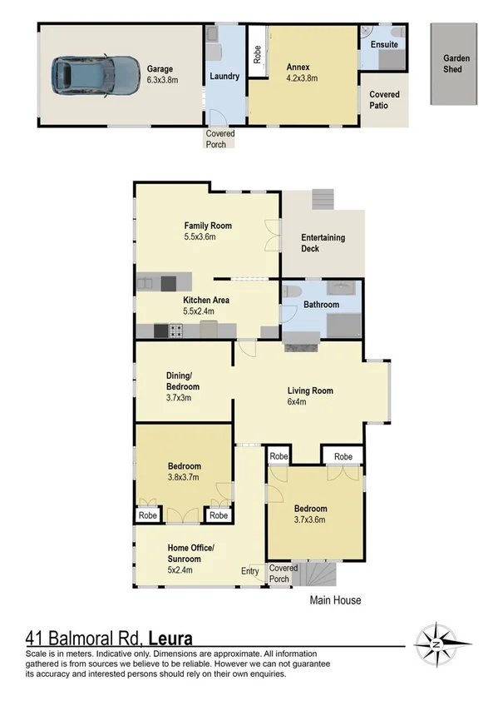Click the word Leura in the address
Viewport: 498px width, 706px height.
click(170, 639)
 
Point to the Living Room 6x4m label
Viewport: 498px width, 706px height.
click(310, 396)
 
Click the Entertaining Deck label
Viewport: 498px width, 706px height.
click(323, 243)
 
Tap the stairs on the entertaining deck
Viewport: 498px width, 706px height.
click(323, 201)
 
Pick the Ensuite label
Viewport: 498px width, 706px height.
click(384, 44)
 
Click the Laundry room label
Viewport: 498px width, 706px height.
click(224, 76)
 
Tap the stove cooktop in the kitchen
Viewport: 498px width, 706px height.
click(176, 331)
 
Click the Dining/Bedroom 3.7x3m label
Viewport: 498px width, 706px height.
click(182, 392)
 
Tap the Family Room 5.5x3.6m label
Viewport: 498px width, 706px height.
click(208, 231)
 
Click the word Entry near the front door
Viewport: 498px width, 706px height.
click(250, 570)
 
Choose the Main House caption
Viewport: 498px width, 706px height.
click(335, 599)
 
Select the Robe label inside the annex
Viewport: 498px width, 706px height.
click(258, 52)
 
